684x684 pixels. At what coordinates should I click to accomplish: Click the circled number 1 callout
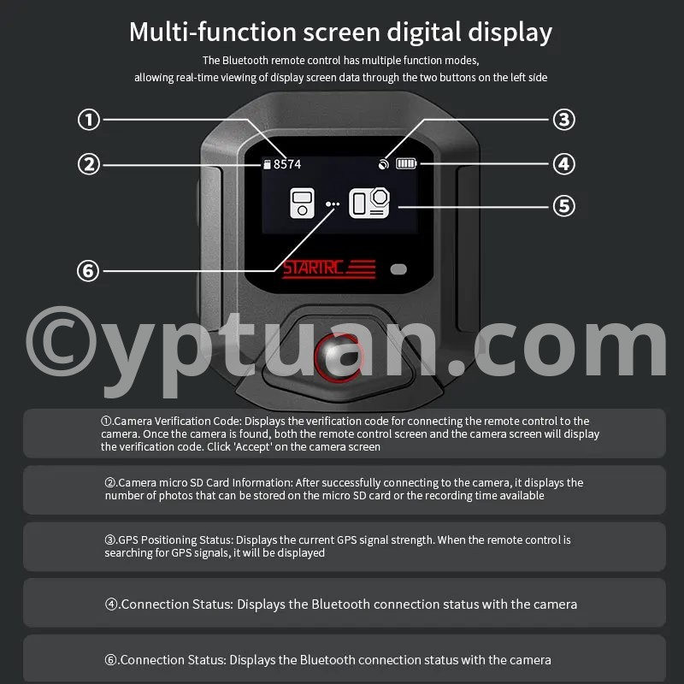(89, 120)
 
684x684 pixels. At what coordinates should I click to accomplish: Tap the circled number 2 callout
(89, 164)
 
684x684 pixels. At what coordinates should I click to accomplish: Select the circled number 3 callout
(564, 120)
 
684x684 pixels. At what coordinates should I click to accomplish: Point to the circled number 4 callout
(564, 164)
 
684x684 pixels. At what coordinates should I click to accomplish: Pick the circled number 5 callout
(564, 206)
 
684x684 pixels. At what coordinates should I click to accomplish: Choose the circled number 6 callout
(88, 270)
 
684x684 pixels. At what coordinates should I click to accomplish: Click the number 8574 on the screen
(287, 164)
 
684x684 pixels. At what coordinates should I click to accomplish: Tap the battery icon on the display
(406, 163)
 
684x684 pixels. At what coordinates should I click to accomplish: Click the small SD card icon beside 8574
(268, 164)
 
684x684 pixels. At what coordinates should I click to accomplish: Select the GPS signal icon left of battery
(383, 164)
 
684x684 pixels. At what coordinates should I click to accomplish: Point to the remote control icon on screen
(303, 203)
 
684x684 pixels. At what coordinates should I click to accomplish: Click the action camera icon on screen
(369, 203)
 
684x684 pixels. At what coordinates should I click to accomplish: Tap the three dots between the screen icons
(333, 203)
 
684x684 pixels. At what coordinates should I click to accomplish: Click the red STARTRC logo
(329, 268)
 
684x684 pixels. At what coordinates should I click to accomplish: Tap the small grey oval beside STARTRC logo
(398, 269)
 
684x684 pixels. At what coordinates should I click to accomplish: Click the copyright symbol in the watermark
(61, 341)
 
